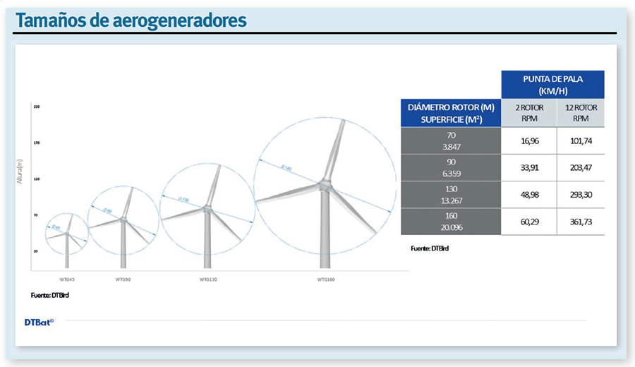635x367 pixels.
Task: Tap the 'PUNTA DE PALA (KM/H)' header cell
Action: pyautogui.click(x=552, y=85)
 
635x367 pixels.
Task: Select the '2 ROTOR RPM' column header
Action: pyautogui.click(x=528, y=113)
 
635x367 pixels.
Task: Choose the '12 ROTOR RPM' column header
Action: pyautogui.click(x=581, y=113)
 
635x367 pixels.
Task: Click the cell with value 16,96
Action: pyautogui.click(x=528, y=141)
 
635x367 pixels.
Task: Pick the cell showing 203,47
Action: pyautogui.click(x=581, y=168)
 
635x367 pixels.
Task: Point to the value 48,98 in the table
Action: pyautogui.click(x=528, y=195)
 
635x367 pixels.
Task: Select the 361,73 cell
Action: pyautogui.click(x=581, y=222)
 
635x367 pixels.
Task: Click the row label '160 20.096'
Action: pyautogui.click(x=451, y=222)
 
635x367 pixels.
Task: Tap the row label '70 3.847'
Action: pyautogui.click(x=451, y=141)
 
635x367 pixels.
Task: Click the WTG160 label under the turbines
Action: pyautogui.click(x=326, y=279)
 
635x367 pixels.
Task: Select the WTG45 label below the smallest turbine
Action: pyautogui.click(x=67, y=279)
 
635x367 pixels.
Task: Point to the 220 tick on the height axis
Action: pyautogui.click(x=36, y=106)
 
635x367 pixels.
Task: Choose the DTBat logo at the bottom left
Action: pyautogui.click(x=38, y=322)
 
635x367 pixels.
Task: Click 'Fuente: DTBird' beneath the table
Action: pyautogui.click(x=430, y=248)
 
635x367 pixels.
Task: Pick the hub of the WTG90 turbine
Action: pyautogui.click(x=123, y=219)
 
